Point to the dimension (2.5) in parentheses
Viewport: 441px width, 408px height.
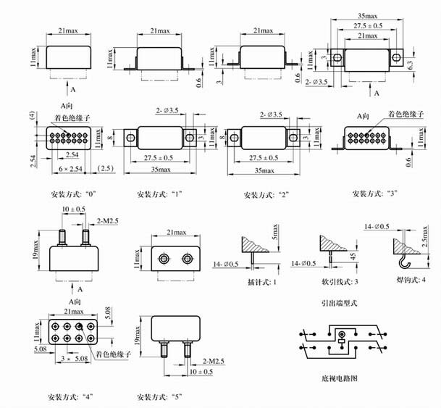(104, 168)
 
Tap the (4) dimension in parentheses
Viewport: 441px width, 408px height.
(32, 115)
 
